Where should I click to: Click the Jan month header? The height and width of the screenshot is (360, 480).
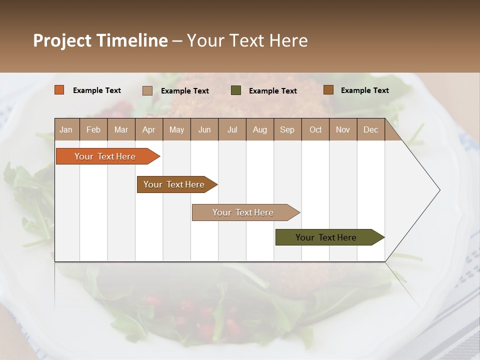tap(66, 129)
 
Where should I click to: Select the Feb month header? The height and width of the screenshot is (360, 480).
tap(93, 129)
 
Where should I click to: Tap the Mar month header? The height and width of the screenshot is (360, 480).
tap(121, 129)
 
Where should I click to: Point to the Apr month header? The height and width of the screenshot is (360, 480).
tap(149, 129)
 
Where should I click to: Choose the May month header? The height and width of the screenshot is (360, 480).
tap(176, 129)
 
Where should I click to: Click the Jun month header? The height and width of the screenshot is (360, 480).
tap(204, 129)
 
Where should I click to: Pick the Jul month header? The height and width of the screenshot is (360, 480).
tap(232, 129)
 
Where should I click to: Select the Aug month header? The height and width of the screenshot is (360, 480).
tap(260, 129)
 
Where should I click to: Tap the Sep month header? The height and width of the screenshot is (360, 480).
tap(287, 129)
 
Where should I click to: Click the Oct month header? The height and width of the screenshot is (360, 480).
tap(315, 129)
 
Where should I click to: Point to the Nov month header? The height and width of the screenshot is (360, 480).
tap(343, 129)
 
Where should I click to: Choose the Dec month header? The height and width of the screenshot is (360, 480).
tap(371, 129)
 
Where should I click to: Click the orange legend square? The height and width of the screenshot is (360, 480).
tap(59, 90)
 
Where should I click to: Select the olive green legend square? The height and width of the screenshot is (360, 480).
tap(236, 90)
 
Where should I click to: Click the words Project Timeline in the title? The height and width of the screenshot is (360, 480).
tap(100, 40)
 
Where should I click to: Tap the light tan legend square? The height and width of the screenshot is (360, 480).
tap(147, 90)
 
